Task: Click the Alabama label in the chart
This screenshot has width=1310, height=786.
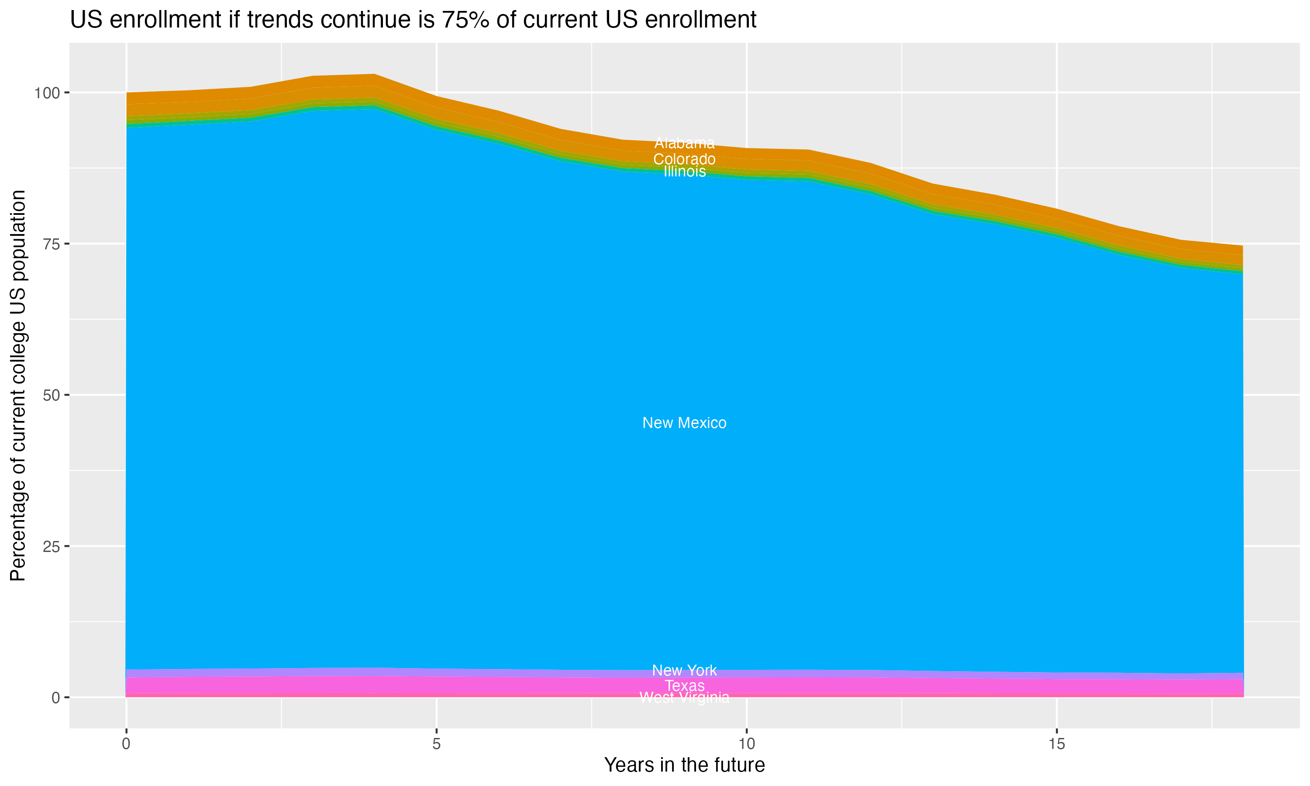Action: click(x=684, y=143)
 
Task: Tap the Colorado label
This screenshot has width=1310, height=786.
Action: click(x=684, y=159)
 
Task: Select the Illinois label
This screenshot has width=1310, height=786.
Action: click(x=684, y=172)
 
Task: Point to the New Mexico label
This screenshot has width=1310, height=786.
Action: click(x=684, y=423)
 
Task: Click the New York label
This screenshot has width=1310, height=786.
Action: click(x=684, y=671)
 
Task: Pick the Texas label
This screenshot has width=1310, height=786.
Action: click(x=684, y=686)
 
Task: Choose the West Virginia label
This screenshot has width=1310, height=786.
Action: click(x=684, y=697)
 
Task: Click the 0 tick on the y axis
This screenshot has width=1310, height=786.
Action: click(x=55, y=697)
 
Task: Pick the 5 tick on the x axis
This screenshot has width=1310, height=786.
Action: click(x=436, y=744)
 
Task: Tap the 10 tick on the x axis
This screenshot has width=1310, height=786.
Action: click(x=746, y=744)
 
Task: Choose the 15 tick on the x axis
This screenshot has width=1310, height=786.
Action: click(x=1056, y=744)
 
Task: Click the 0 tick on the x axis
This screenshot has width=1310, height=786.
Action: click(x=126, y=744)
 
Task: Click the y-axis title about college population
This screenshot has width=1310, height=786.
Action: click(x=18, y=386)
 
